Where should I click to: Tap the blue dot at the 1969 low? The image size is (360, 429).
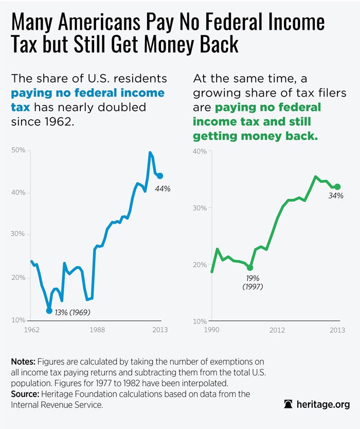[x=49, y=310]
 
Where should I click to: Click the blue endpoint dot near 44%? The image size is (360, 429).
[x=160, y=176]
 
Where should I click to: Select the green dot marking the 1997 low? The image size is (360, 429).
[x=250, y=267]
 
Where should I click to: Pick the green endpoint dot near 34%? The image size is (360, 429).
[x=337, y=187]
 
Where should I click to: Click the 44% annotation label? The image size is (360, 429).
[x=163, y=189]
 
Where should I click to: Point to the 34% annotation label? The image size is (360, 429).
[x=336, y=196]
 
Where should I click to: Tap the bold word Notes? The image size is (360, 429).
[x=24, y=362]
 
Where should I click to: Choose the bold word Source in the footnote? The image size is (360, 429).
[x=26, y=394]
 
